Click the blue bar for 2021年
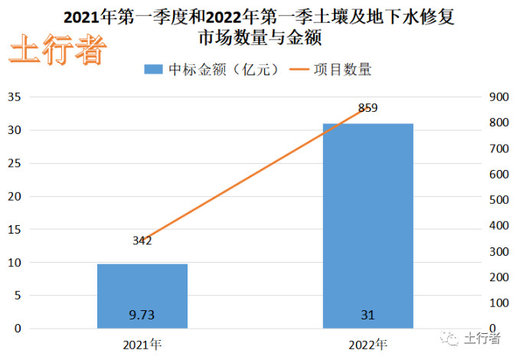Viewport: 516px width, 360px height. (x=142, y=296)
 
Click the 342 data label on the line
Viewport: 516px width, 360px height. (x=142, y=241)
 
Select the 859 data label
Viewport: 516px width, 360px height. (x=367, y=108)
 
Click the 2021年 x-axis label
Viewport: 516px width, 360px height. (x=142, y=343)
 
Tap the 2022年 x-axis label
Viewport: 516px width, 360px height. (x=367, y=343)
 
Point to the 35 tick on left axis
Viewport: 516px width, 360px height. (x=15, y=97)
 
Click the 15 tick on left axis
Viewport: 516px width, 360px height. (x=15, y=229)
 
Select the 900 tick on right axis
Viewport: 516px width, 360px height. (x=497, y=97)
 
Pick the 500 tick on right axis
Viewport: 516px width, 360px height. (x=497, y=200)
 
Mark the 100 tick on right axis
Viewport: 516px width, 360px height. (x=497, y=303)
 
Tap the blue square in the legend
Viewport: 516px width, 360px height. (x=152, y=70)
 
